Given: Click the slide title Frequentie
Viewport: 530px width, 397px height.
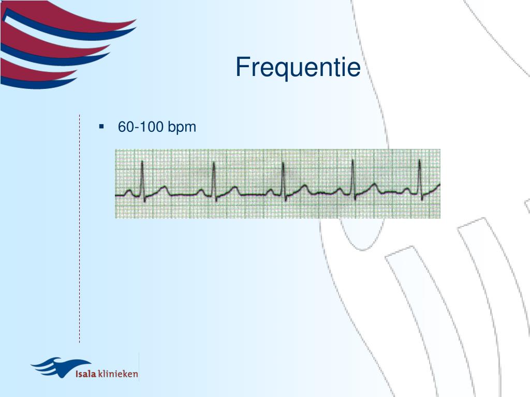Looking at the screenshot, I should point(298,68).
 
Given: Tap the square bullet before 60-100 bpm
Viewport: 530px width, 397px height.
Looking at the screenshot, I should point(101,126).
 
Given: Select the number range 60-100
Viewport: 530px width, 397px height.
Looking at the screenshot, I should point(140,127).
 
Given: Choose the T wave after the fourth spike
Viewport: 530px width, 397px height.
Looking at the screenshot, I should point(374,185).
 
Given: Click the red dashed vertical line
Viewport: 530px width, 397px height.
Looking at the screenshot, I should point(79,227).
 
